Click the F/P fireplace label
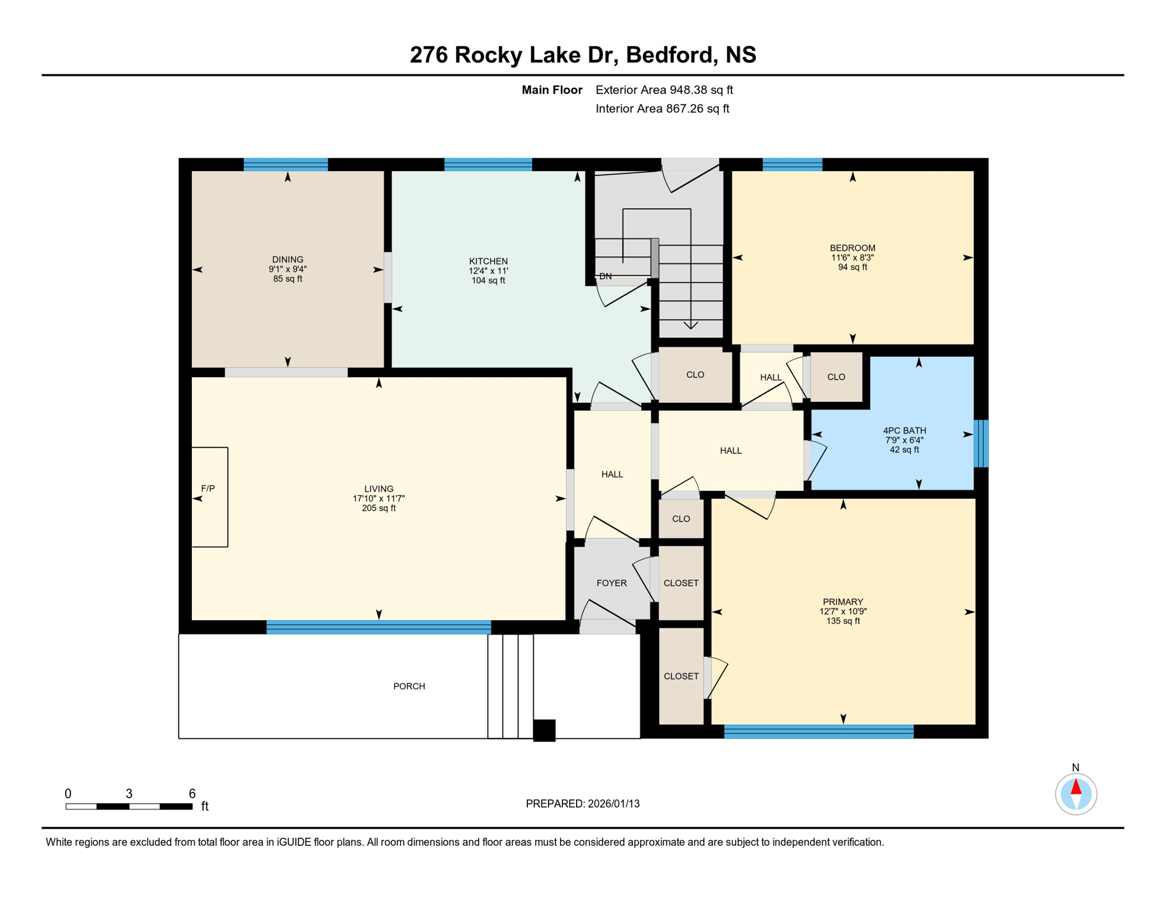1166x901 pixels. (x=208, y=488)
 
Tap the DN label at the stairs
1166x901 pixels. (x=605, y=276)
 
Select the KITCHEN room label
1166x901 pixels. (x=488, y=261)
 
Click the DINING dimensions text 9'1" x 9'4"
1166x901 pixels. (x=287, y=269)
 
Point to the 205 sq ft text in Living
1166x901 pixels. (x=378, y=508)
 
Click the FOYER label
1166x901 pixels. (x=611, y=583)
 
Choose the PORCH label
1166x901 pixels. (x=409, y=686)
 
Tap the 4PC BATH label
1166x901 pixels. (x=904, y=431)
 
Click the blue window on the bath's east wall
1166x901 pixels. (x=981, y=443)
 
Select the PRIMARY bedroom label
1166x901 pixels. (x=843, y=602)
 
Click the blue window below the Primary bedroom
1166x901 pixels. (x=819, y=731)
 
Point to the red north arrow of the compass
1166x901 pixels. (x=1076, y=787)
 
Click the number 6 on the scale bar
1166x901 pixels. (x=192, y=794)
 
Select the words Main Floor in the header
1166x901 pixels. (x=552, y=90)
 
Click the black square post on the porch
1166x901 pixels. (x=544, y=731)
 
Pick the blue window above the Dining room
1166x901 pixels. (x=286, y=164)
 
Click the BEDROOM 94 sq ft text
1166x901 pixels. (x=852, y=267)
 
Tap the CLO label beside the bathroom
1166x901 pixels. (x=836, y=377)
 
